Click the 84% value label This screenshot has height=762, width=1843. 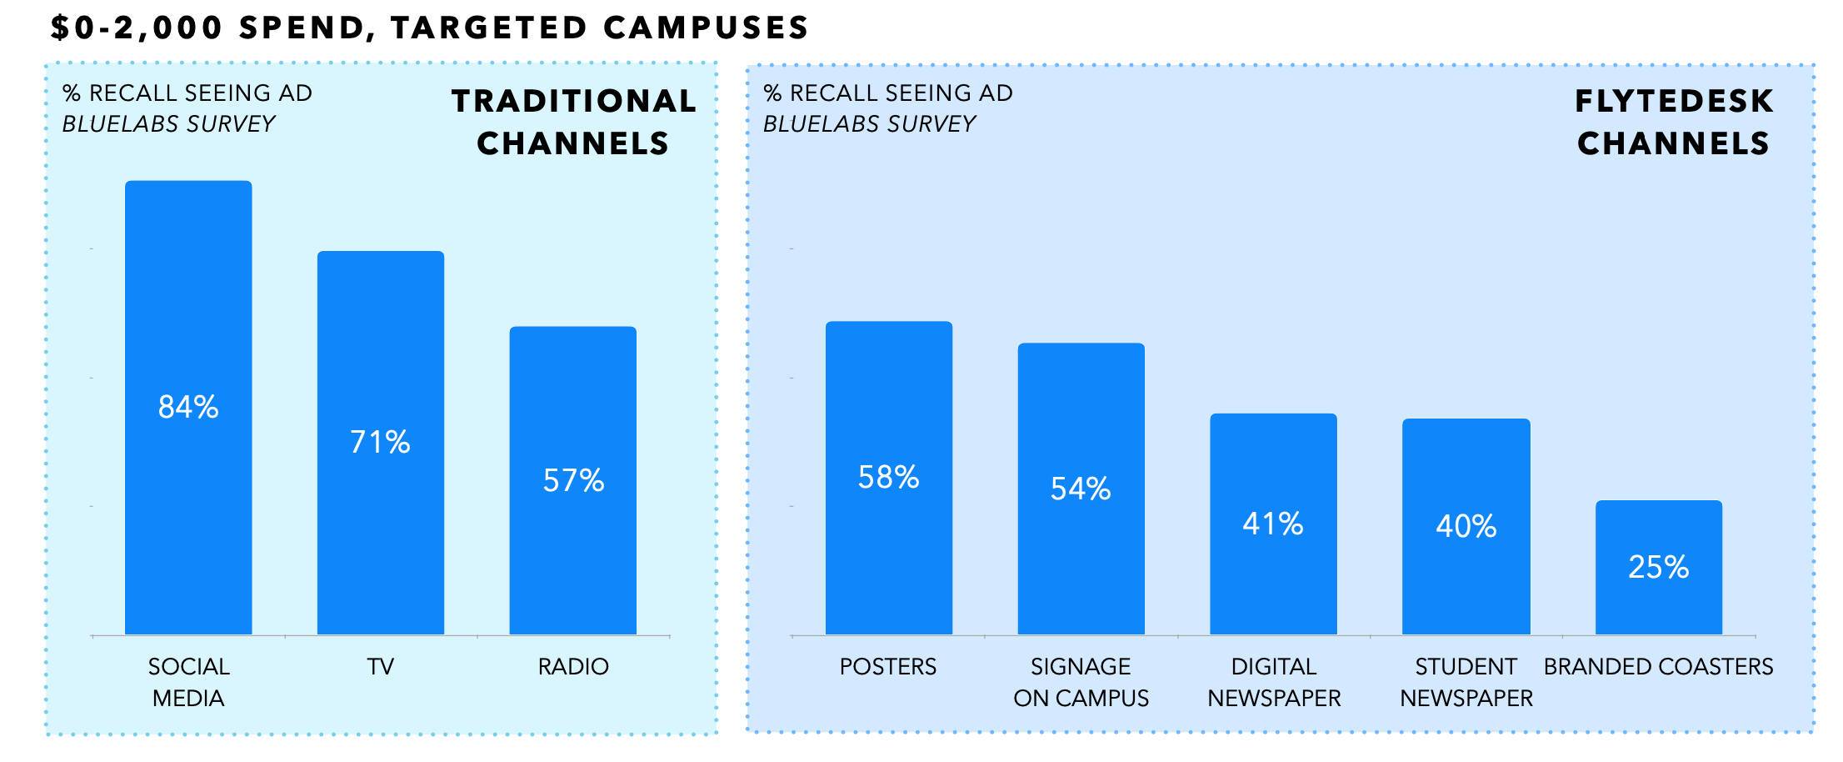point(188,407)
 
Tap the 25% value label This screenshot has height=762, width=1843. point(1659,567)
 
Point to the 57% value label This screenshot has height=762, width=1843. point(573,480)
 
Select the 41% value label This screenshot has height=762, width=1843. point(1273,524)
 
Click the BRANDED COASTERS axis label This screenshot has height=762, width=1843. point(1658,667)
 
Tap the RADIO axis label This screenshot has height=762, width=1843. point(573,667)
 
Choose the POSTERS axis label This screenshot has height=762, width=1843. point(888,667)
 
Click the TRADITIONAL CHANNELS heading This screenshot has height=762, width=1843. point(574,122)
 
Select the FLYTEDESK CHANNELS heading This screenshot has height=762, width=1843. point(1674,122)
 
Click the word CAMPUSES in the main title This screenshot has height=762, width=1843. point(706,28)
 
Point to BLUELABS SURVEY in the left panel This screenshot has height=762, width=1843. point(168,124)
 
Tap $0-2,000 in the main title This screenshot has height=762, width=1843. point(137,28)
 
